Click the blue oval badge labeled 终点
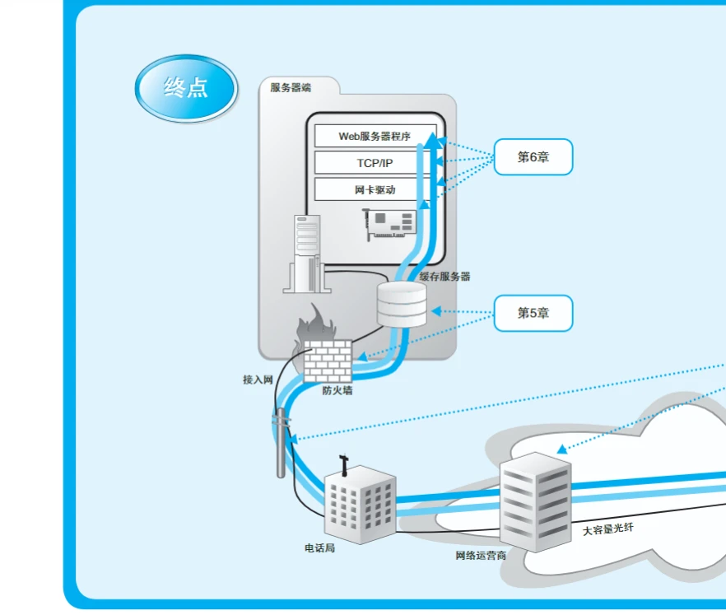click(186, 88)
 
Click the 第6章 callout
click(533, 156)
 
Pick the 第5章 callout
click(533, 313)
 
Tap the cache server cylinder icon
click(402, 304)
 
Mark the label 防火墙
click(337, 391)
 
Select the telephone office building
click(358, 501)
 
